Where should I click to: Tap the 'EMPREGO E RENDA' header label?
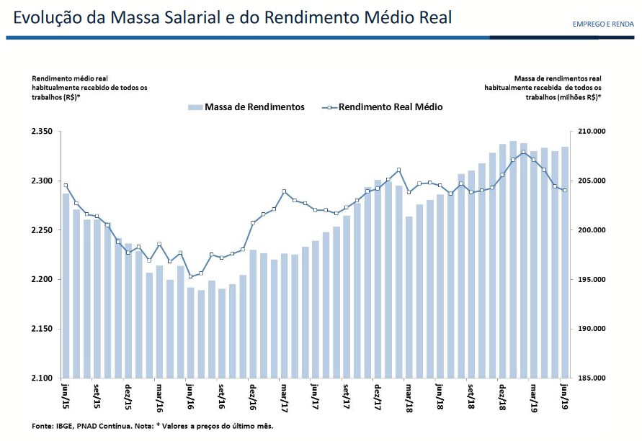click(x=603, y=24)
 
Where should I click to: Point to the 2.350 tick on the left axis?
click(x=43, y=132)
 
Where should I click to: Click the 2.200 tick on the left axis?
click(x=43, y=279)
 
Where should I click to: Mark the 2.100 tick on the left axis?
click(x=43, y=378)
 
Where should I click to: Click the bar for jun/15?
click(x=66, y=288)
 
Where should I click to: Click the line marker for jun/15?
click(x=66, y=186)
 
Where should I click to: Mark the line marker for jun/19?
click(x=565, y=190)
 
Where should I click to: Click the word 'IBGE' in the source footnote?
click(x=67, y=426)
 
